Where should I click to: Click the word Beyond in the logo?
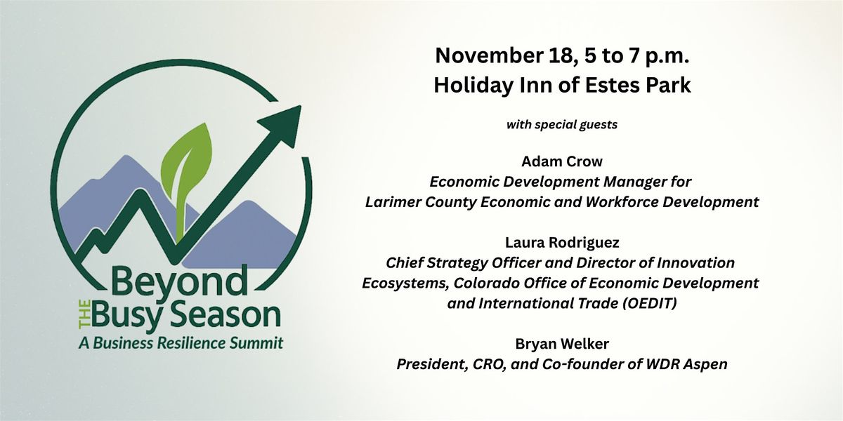tap(179, 283)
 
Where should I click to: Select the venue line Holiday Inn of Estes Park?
tap(562, 85)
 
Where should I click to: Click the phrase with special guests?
tap(561, 126)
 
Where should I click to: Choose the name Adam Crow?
tap(561, 161)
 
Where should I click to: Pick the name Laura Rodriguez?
tap(561, 243)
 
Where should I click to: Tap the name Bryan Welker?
tap(561, 344)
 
